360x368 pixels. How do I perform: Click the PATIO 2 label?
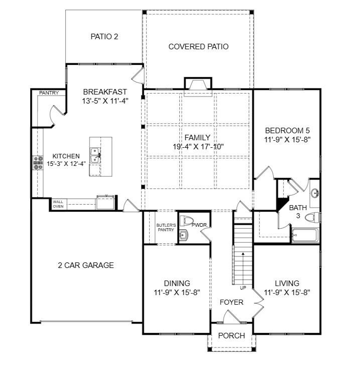point(104,37)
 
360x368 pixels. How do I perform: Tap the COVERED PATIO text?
point(198,46)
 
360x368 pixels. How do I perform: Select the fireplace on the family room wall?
point(198,85)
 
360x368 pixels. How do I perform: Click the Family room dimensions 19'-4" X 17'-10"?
point(198,147)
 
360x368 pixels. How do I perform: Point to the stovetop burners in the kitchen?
point(38,163)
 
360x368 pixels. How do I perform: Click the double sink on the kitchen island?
point(95,155)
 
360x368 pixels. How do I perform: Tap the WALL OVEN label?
point(58,204)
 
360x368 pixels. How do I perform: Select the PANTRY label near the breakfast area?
point(49,93)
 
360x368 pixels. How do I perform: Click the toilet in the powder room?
point(186,221)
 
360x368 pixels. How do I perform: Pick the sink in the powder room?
point(184,235)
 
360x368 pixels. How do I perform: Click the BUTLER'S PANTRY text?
point(166,227)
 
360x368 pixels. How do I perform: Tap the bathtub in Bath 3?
point(305,235)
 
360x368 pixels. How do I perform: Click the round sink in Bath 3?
point(315,194)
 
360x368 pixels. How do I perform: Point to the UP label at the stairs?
point(243,288)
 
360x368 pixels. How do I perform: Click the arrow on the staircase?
point(243,268)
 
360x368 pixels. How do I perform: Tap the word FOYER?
point(231,302)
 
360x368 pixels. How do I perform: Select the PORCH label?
point(231,336)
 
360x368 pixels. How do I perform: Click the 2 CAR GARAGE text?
point(86,265)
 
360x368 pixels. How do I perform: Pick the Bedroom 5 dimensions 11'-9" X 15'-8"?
point(287,140)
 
